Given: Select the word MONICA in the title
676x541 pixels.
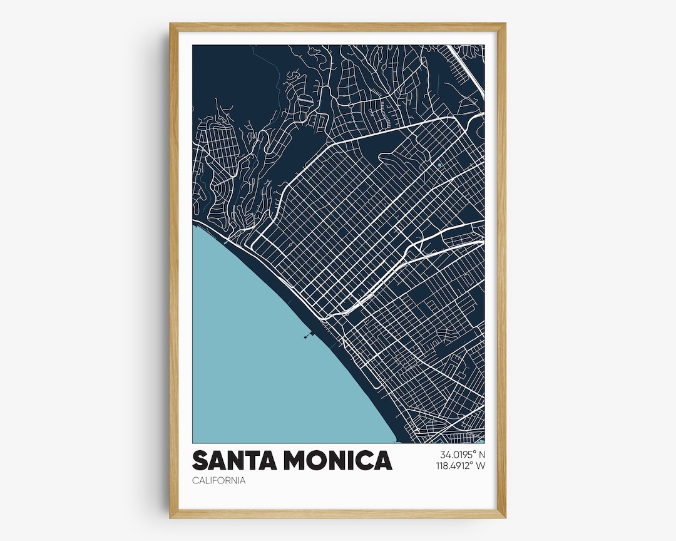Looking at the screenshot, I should click(337, 460).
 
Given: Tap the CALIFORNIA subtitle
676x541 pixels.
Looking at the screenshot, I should click(218, 481).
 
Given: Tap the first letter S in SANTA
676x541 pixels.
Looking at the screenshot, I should click(200, 460).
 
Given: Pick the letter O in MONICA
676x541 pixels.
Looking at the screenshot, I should click(319, 460).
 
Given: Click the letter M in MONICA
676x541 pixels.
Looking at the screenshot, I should click(297, 460).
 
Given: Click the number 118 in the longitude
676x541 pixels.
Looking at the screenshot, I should click(443, 466).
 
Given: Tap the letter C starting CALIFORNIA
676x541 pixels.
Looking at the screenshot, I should click(195, 481).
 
